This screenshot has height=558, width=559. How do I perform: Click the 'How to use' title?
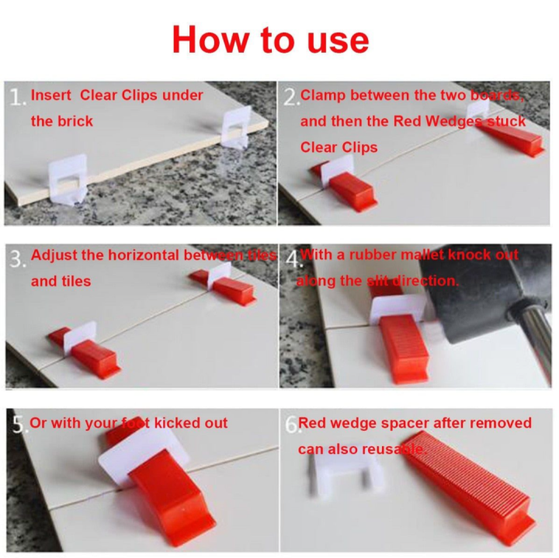coord(270,39)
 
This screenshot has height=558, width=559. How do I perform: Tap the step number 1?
coord(17,97)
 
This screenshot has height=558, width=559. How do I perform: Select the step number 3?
coord(17,258)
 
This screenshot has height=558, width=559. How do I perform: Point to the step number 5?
coord(19,424)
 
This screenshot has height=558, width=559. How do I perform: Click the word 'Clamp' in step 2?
coord(323,95)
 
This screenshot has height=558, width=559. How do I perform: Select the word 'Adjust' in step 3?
coord(56,255)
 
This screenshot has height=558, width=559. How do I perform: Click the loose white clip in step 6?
coord(345,473)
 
